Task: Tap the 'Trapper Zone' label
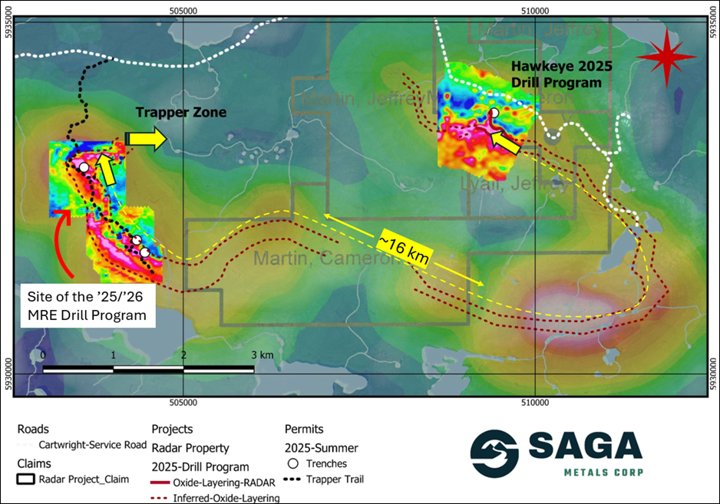[181, 113]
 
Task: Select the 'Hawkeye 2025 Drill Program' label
[556, 73]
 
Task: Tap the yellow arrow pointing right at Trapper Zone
[151, 140]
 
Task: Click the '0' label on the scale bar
[43, 356]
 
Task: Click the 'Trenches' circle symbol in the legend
[292, 463]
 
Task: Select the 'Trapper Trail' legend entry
[335, 479]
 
